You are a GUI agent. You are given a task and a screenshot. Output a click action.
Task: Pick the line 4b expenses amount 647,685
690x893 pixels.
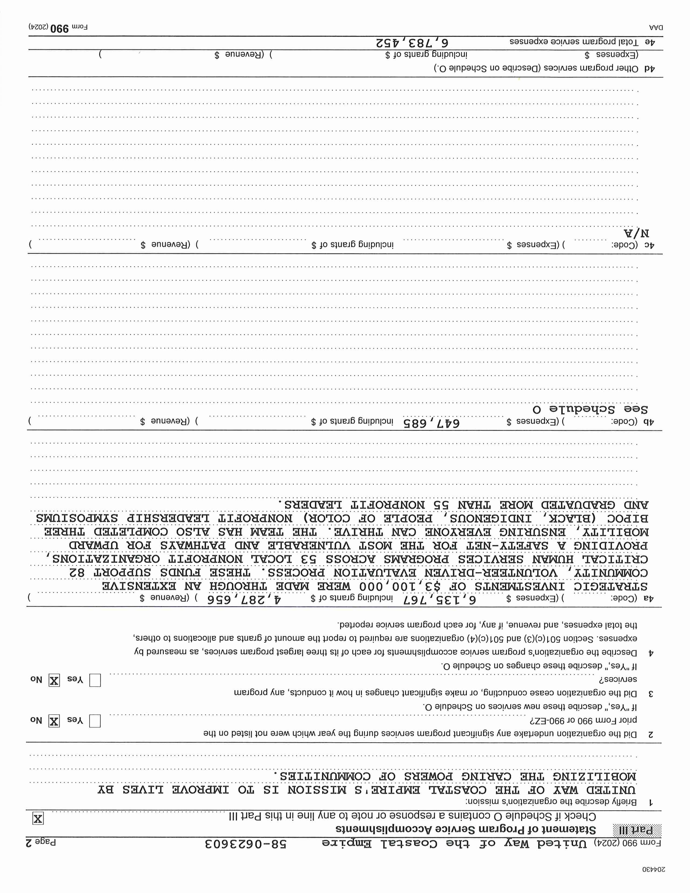coord(431,423)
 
